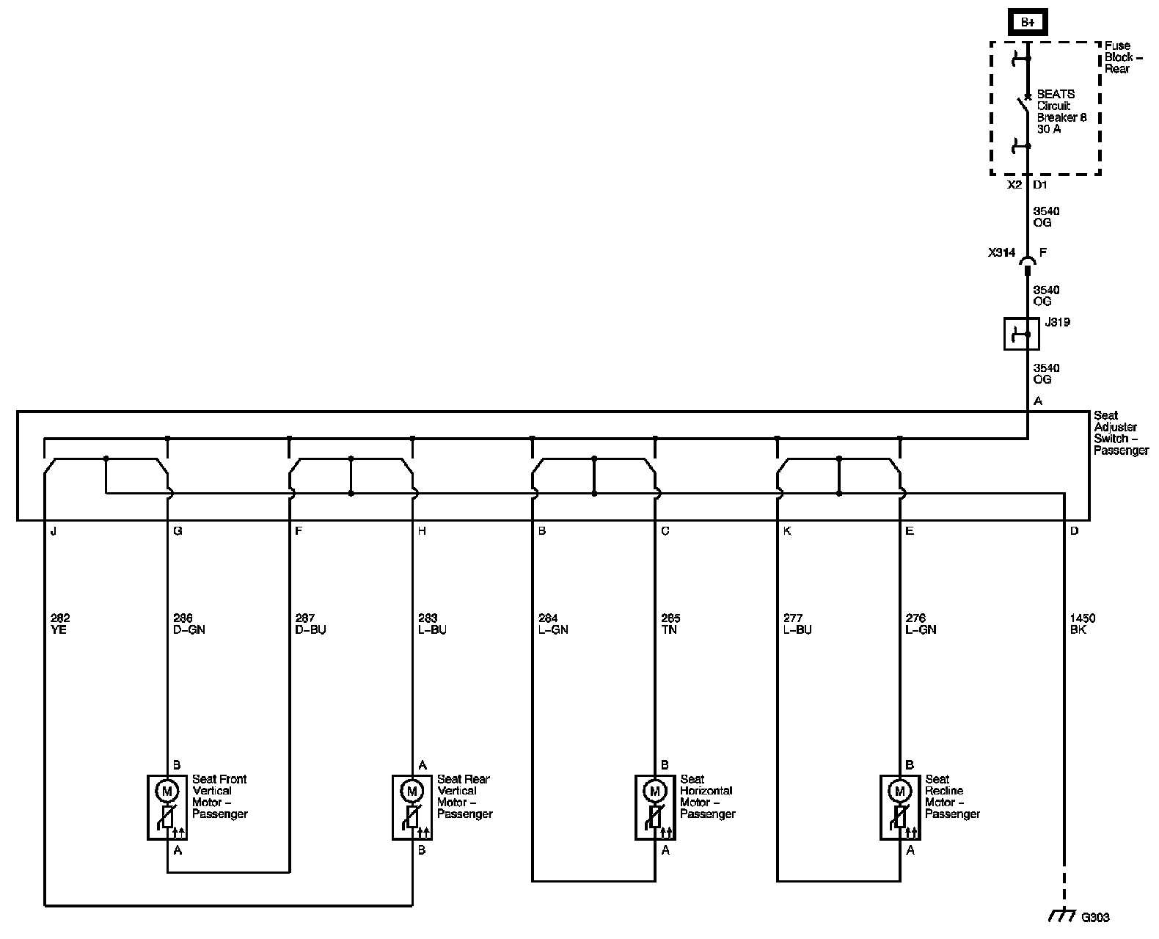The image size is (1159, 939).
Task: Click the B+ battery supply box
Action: tap(1028, 23)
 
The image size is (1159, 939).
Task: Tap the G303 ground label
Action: tap(1095, 917)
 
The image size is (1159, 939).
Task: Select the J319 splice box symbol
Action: tap(1021, 335)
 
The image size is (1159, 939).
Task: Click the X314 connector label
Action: tap(1001, 253)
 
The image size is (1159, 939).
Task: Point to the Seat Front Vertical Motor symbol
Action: tap(167, 807)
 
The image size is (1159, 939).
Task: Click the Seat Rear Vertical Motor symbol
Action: tap(412, 807)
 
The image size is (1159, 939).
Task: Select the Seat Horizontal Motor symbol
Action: tap(654, 807)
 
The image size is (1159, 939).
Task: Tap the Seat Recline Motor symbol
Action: tap(899, 807)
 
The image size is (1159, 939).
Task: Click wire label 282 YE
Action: tap(60, 624)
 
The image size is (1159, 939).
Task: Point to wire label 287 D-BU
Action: tap(310, 624)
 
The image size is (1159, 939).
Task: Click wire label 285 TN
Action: tap(670, 624)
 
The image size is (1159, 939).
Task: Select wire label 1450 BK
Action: tap(1083, 624)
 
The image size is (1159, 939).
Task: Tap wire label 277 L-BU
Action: tap(797, 624)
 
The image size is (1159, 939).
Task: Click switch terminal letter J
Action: tap(53, 531)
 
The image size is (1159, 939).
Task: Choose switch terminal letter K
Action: tap(787, 531)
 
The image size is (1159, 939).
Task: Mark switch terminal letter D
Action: tap(1075, 531)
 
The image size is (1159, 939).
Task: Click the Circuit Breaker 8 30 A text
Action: tap(1061, 112)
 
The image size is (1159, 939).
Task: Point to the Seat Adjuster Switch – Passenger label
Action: tap(1121, 433)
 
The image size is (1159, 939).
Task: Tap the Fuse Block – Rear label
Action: tap(1119, 57)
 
